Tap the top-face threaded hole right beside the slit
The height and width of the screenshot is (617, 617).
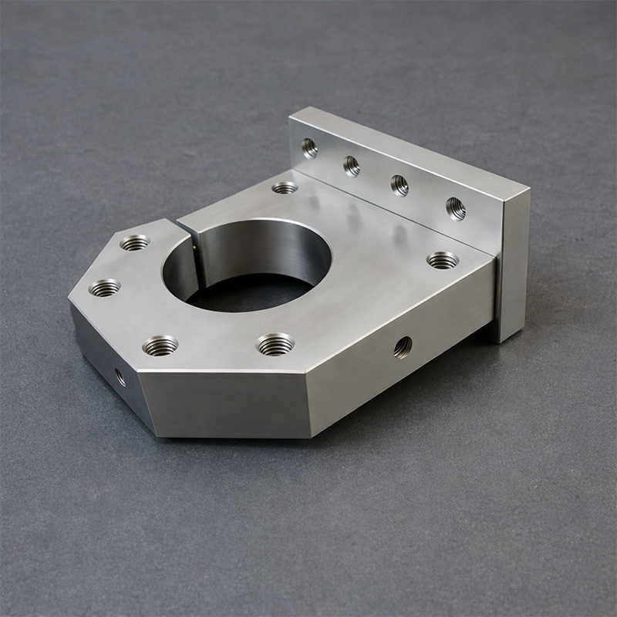136,243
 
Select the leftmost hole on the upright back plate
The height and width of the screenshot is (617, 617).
309,147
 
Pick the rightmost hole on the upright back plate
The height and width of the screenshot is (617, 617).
456,208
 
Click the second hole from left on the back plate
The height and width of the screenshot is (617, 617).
352,166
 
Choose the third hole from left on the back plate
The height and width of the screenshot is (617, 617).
400,185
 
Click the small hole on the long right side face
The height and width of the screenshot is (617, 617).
403,347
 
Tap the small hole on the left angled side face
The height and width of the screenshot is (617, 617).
120,377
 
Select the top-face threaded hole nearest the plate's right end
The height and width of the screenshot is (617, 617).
443,260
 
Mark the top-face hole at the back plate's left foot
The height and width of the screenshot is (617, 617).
285,187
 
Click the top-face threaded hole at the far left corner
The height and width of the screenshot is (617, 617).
105,288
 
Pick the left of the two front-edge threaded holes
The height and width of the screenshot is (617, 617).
160,345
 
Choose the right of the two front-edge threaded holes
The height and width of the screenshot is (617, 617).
275,344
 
